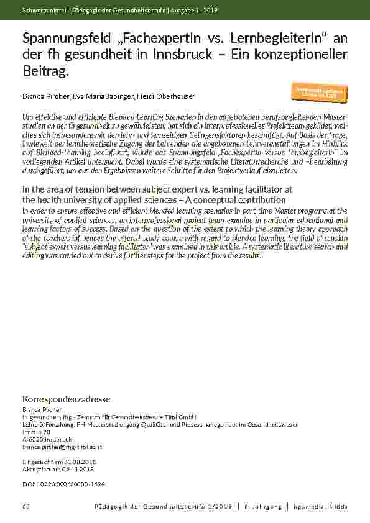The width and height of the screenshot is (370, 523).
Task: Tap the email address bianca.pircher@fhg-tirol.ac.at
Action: coord(58,447)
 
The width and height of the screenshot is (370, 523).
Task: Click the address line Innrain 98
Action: coord(34,431)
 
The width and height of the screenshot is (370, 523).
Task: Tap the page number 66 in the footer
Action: coord(25,507)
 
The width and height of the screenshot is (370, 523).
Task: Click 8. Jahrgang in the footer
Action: coord(263,507)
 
